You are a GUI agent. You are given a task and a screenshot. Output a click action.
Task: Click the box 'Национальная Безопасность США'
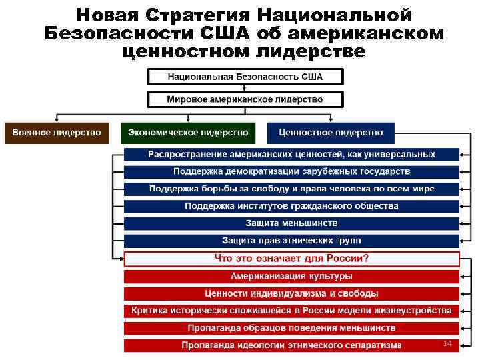pos(245,77)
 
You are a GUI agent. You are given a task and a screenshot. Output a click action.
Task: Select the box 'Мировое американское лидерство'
pos(245,99)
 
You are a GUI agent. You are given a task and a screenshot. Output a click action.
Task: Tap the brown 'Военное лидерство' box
pos(56,133)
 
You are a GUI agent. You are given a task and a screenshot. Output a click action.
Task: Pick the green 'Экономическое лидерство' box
pos(188,133)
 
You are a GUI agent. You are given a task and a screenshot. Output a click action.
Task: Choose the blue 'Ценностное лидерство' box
pos(331,133)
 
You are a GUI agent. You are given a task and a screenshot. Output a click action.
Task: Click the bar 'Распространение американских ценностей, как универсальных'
pos(291,155)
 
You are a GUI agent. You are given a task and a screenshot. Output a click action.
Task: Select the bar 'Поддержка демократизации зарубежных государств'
pos(291,172)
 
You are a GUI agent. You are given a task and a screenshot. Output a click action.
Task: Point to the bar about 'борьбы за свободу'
pos(291,189)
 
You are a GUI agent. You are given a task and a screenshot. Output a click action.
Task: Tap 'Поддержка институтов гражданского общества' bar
pos(291,207)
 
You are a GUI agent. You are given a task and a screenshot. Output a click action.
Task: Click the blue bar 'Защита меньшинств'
pos(291,223)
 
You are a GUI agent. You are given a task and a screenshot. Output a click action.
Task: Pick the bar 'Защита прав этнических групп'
pos(291,241)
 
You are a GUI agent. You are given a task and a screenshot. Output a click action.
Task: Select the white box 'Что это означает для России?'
pos(291,259)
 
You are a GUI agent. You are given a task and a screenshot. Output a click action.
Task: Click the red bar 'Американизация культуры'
pos(291,276)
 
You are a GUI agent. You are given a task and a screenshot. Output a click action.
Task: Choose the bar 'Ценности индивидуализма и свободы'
pos(291,293)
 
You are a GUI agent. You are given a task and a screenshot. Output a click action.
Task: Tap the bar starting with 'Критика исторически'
pos(291,311)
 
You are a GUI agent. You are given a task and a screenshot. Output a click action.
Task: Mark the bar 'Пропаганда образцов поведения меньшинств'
pos(291,328)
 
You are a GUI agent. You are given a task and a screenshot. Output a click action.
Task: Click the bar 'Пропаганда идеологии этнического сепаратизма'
pos(291,345)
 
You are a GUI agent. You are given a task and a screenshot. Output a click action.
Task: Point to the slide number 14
pos(447,343)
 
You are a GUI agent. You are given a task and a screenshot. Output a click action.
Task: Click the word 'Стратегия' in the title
pos(201,15)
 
